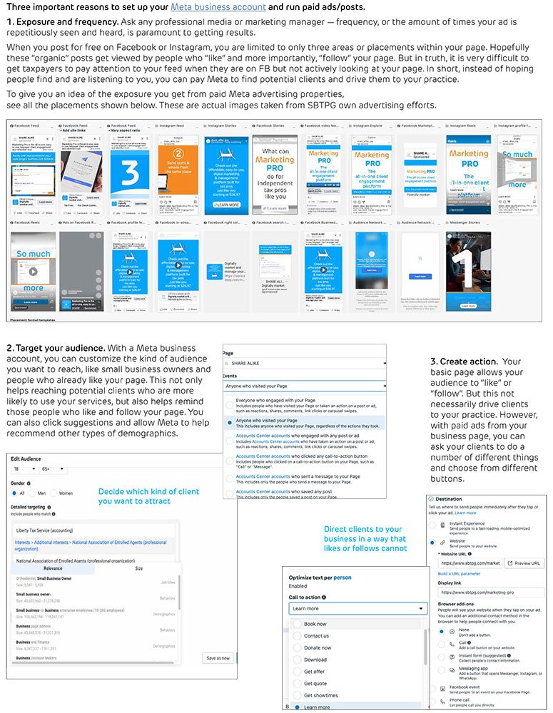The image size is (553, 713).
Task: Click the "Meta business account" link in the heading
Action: click(218, 7)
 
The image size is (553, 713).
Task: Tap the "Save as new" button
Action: click(218, 658)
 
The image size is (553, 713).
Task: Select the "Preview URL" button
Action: click(524, 563)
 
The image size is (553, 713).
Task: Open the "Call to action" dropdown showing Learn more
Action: click(357, 608)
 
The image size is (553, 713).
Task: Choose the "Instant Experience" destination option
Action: click(432, 525)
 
